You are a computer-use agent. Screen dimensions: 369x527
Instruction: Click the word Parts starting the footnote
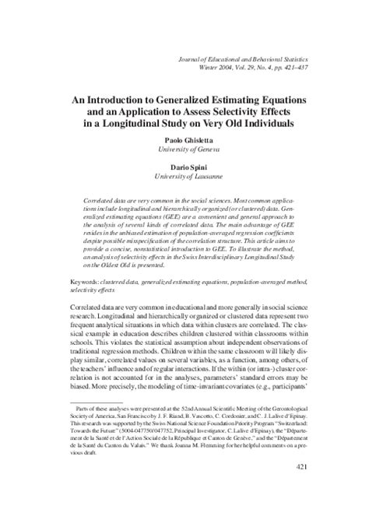(82, 430)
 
